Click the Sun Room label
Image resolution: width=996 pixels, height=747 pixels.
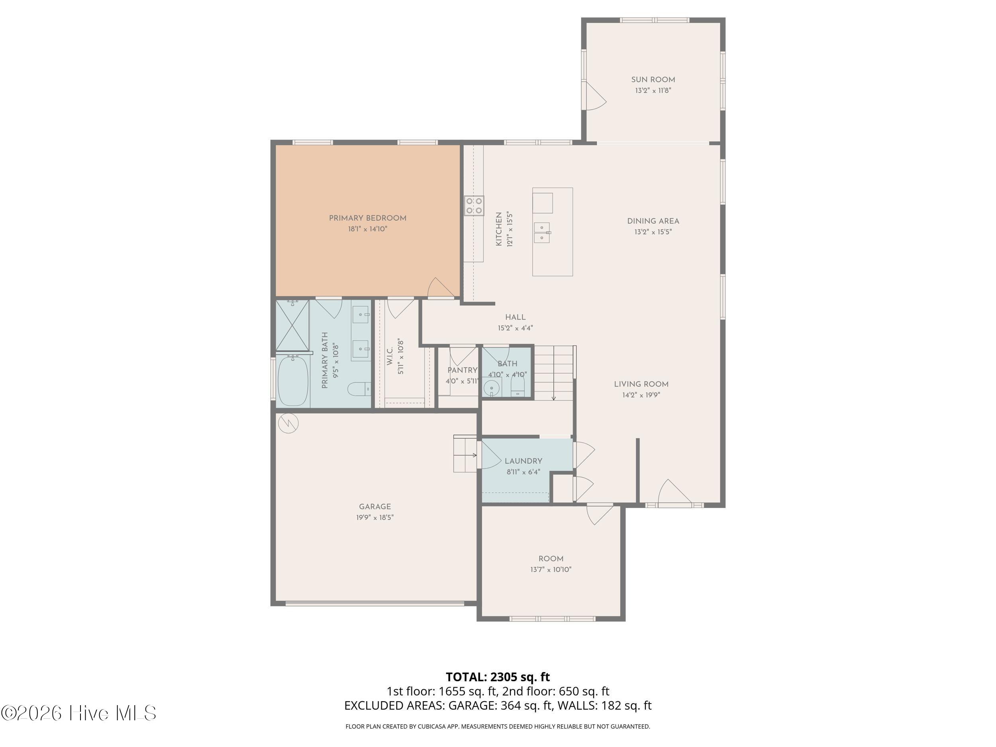coord(653,80)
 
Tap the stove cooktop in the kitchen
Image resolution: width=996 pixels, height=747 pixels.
coord(474,206)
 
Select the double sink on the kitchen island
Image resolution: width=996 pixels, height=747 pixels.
coord(542,232)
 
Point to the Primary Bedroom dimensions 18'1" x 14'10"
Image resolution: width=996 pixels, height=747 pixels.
coord(367,229)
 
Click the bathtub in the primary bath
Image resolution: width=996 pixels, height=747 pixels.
coord(293,380)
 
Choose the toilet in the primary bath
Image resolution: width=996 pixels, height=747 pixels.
coord(359,388)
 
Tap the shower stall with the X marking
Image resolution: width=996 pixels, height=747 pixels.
coord(292,325)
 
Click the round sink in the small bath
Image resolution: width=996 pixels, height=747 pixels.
coord(491,387)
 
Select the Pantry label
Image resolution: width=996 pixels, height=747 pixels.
coord(462,370)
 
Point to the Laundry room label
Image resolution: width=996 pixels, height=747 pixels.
coord(523,461)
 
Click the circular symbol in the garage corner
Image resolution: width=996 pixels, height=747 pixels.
coord(288,423)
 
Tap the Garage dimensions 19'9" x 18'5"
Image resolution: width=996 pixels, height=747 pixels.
coord(374,518)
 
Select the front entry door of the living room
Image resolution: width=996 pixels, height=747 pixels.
coord(674,494)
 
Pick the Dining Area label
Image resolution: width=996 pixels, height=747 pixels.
coord(653,221)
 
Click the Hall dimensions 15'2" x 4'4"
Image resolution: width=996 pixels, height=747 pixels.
coord(515,328)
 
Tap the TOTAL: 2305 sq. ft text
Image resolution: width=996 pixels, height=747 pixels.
coord(498,677)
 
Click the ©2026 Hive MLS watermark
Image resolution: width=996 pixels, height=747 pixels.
coord(79,713)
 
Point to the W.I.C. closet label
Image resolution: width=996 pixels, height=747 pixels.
coord(390,356)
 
